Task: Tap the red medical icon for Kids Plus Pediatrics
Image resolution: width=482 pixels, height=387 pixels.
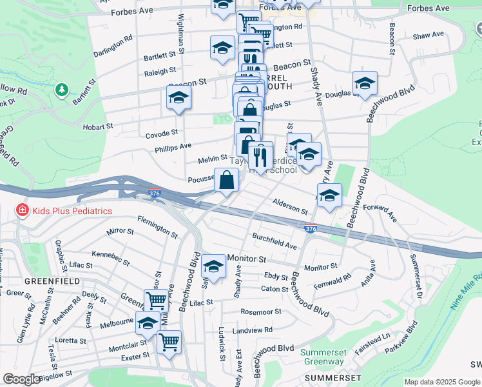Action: [23, 211]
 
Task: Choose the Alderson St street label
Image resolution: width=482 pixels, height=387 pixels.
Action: [290, 206]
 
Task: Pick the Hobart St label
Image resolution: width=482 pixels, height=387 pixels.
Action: [97, 127]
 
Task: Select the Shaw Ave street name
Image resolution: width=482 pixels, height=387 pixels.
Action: [429, 35]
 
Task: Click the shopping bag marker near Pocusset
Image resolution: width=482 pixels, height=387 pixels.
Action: [226, 180]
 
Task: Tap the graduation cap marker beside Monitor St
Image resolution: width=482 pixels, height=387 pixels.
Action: [213, 265]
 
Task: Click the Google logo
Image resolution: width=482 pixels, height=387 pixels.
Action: [21, 379]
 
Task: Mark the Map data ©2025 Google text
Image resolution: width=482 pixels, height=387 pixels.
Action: [442, 382]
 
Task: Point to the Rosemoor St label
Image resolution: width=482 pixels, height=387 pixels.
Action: [260, 312]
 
